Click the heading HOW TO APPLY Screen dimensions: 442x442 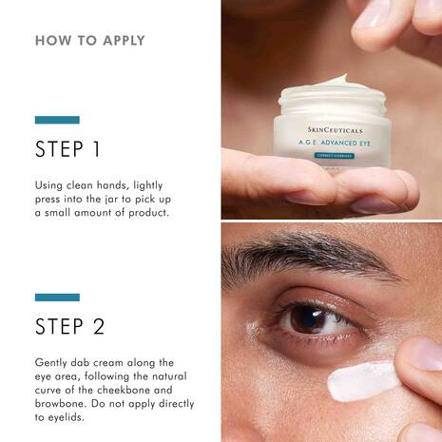tap(90, 41)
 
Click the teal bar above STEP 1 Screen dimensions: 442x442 tap(57, 120)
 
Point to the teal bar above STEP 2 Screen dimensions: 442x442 tap(57, 298)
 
